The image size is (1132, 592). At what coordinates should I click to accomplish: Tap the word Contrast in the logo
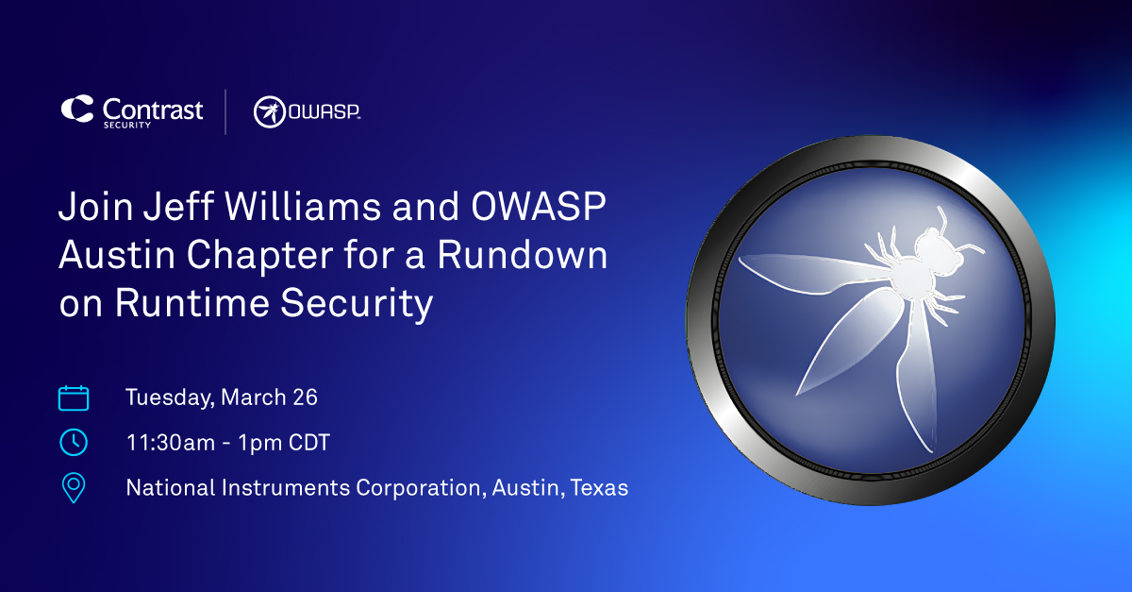pos(152,109)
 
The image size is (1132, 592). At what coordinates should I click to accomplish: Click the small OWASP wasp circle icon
pos(270,112)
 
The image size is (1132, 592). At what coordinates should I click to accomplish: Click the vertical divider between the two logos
pos(225,111)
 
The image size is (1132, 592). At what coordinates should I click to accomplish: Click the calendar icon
pos(74,397)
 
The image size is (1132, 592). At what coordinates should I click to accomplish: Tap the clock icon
pos(74,442)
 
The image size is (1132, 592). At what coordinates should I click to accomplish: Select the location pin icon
pos(74,487)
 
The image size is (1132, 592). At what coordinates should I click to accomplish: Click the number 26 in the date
pos(304,397)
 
